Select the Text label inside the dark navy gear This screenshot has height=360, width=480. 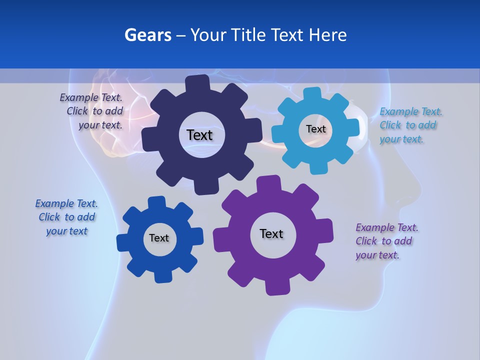click(199, 135)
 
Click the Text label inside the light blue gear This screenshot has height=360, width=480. click(315, 129)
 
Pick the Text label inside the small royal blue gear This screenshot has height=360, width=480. click(159, 238)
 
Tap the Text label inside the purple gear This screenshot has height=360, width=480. click(271, 233)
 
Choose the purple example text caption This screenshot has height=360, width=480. click(386, 241)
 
